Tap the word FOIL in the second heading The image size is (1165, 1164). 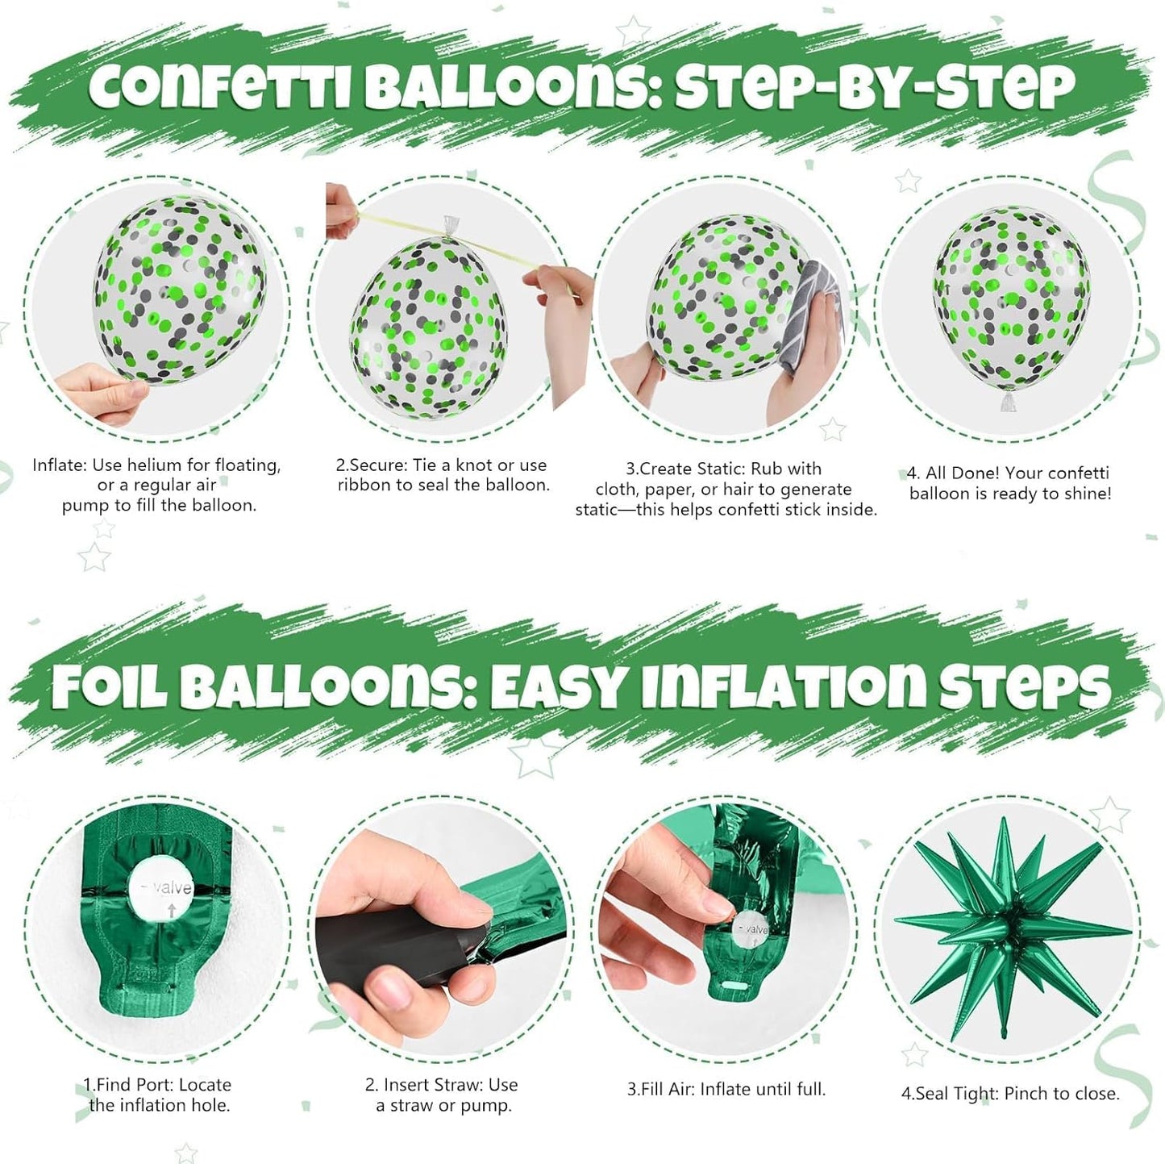[x=110, y=687]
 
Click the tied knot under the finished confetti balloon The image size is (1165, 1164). [x=1006, y=401]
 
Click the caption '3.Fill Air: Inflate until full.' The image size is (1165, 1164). [x=726, y=1089]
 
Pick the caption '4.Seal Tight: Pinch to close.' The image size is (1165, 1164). [x=1010, y=1094]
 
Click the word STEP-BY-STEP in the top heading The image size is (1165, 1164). [x=875, y=87]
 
